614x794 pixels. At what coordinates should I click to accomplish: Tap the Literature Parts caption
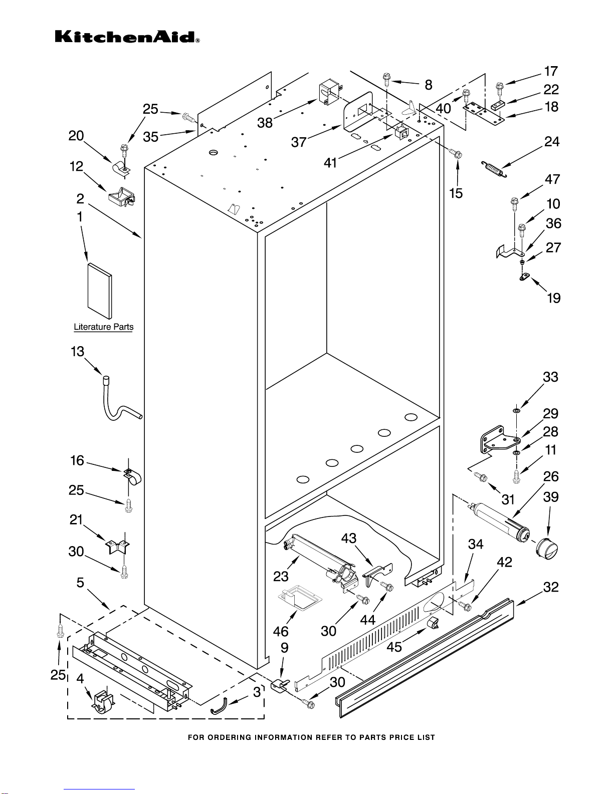[x=103, y=327]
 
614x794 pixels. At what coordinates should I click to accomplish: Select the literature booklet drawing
[x=99, y=291]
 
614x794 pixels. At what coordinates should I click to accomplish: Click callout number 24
[x=552, y=142]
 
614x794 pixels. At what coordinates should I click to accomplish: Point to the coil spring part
[x=494, y=169]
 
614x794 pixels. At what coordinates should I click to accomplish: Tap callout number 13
[x=77, y=352]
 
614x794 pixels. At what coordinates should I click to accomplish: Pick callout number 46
[x=281, y=632]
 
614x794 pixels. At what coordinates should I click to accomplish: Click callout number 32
[x=550, y=587]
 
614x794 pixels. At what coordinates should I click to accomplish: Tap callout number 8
[x=429, y=85]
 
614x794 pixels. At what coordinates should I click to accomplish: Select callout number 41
[x=330, y=162]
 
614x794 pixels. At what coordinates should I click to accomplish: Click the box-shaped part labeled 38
[x=328, y=94]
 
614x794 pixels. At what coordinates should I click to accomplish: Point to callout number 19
[x=553, y=298]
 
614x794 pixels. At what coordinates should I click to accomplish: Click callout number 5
[x=80, y=583]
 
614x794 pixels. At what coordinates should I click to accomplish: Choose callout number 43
[x=349, y=538]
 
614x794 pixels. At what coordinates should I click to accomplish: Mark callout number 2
[x=80, y=199]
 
